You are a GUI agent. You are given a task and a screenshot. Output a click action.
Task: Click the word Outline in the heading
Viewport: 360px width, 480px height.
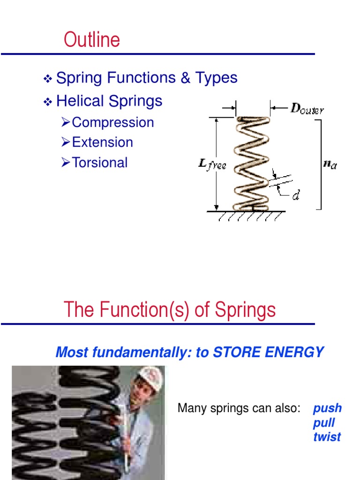(x=92, y=40)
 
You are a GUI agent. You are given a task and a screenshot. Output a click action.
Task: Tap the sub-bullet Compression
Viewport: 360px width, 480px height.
(x=113, y=123)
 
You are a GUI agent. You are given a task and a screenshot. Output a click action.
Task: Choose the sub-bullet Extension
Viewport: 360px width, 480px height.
(x=103, y=142)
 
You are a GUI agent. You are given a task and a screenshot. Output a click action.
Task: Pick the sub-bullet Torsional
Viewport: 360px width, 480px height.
(x=100, y=163)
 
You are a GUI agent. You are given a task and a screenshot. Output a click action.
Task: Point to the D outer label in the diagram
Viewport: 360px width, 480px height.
(x=307, y=110)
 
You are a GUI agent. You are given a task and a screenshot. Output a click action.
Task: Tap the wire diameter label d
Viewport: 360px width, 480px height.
(x=296, y=195)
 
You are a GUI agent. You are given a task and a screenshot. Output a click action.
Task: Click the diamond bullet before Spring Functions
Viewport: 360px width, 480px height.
(x=47, y=79)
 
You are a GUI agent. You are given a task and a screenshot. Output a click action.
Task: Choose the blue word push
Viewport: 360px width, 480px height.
(x=327, y=408)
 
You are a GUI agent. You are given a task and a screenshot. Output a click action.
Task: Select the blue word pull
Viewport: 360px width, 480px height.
(x=324, y=423)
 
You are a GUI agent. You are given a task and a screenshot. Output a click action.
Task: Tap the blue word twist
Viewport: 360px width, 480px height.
(x=327, y=437)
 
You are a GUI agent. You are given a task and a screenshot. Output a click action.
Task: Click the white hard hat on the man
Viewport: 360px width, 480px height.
(x=151, y=377)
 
